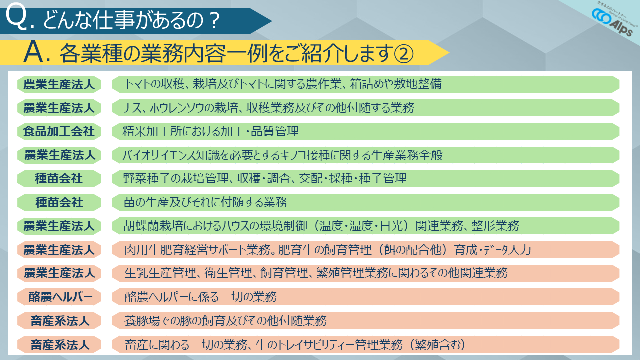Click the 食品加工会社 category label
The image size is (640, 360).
(x=59, y=131)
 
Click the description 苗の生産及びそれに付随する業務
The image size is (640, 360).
(x=205, y=202)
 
